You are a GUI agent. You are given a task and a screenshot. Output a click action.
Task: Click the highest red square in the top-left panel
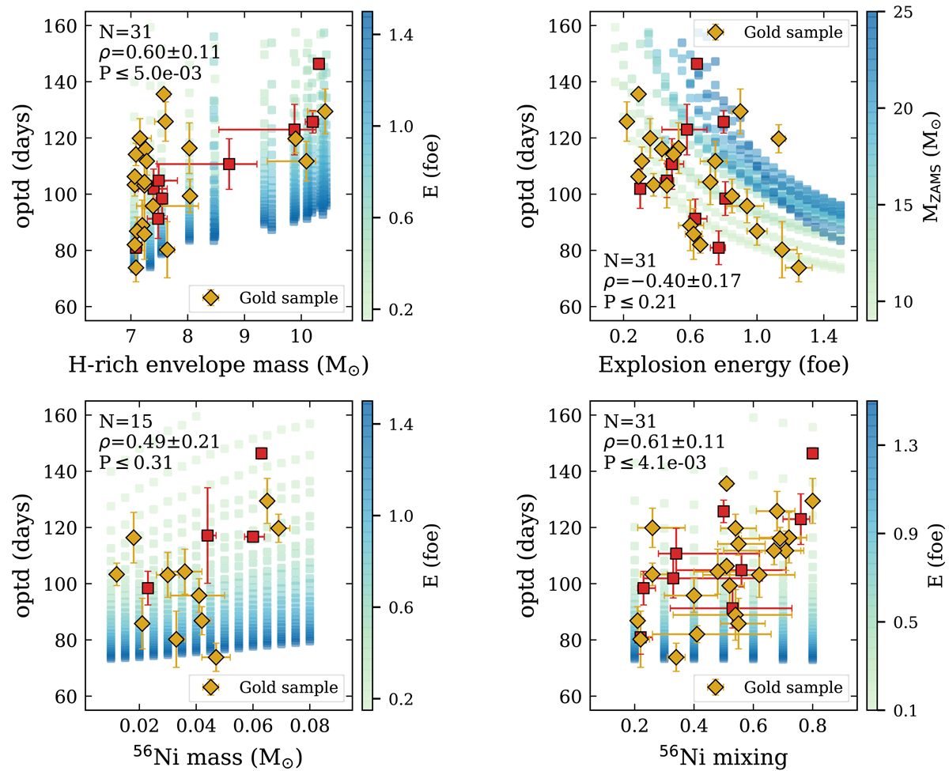pyautogui.click(x=319, y=64)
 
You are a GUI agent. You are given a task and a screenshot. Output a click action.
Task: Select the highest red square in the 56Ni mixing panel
pyautogui.click(x=812, y=453)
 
